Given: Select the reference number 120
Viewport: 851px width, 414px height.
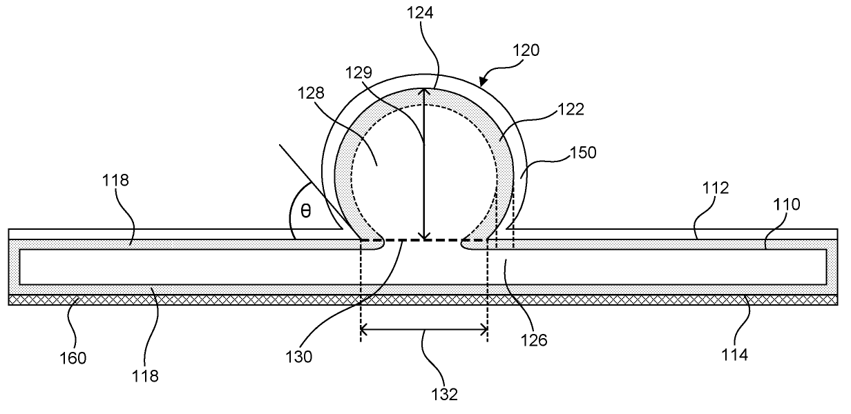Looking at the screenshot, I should pyautogui.click(x=527, y=50).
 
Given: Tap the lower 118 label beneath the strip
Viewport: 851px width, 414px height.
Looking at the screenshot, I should pyautogui.click(x=146, y=376).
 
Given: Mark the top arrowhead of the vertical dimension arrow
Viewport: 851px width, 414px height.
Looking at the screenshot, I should pyautogui.click(x=425, y=92).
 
